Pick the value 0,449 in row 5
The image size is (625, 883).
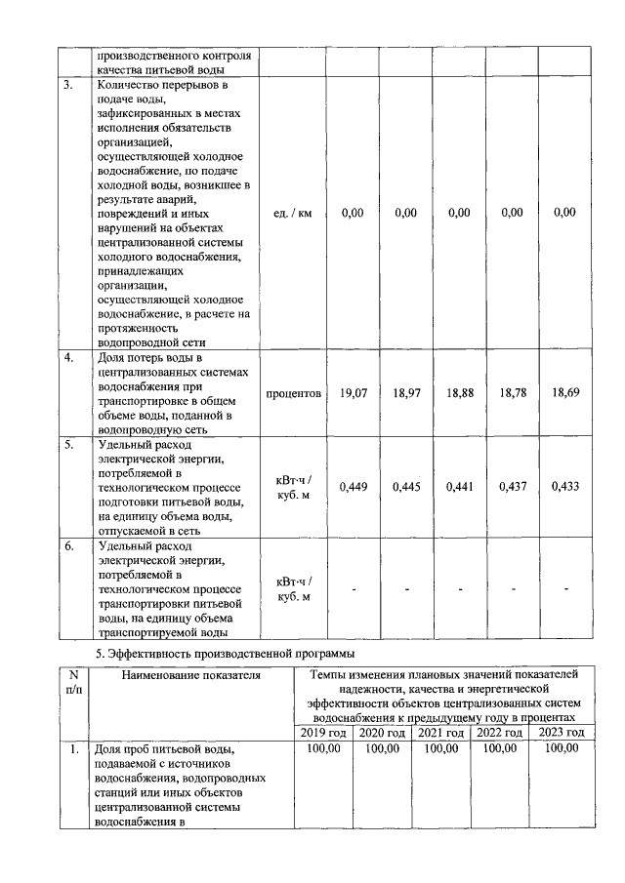coord(353,487)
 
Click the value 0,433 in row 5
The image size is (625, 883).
coord(565,487)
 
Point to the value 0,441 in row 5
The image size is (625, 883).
coord(459,487)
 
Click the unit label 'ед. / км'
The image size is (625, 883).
coord(294,214)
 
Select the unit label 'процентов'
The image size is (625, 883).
coord(294,394)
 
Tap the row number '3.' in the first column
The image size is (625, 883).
coord(69,86)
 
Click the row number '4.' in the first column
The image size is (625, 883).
coord(69,358)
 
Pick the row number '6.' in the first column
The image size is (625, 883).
coord(69,546)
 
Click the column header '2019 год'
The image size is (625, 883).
coord(323,733)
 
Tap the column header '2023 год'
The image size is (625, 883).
coord(562,733)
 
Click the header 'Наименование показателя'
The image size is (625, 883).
coord(192,674)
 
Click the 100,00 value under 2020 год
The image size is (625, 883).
coord(382,748)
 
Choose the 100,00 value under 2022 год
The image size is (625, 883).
coord(501,748)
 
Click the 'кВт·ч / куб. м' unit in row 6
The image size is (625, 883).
coord(294,589)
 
